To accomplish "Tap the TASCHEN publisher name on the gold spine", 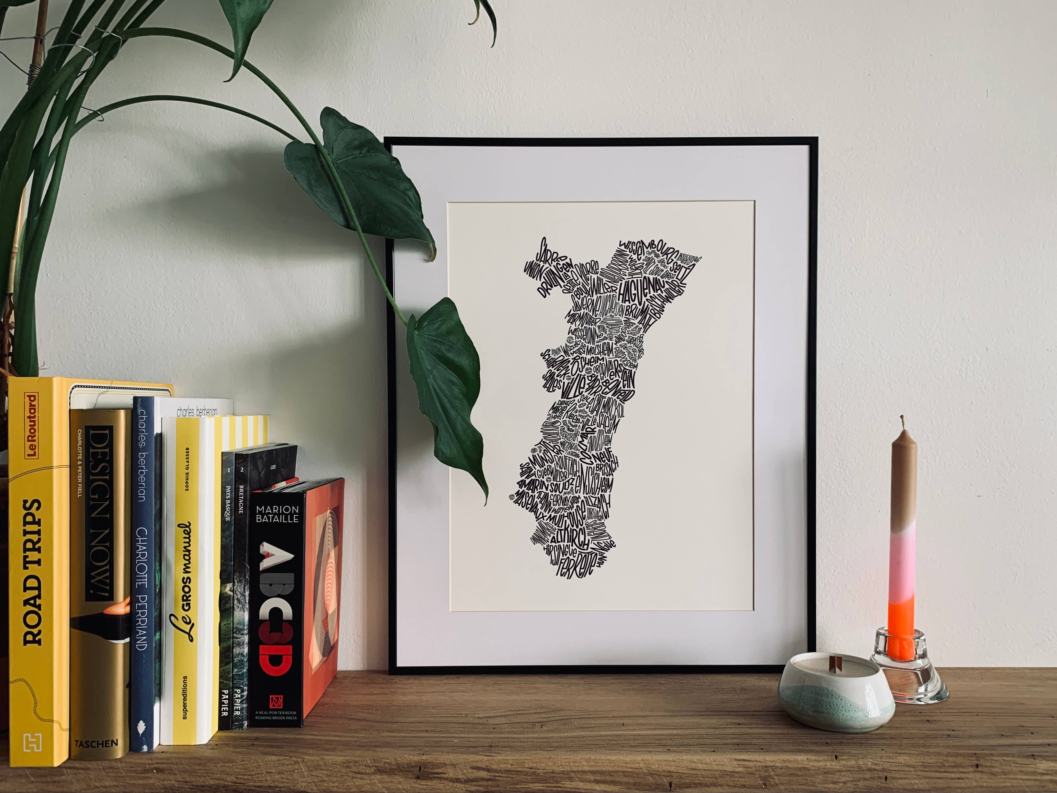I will click(x=96, y=743).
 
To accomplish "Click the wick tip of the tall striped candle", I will click(x=902, y=420).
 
